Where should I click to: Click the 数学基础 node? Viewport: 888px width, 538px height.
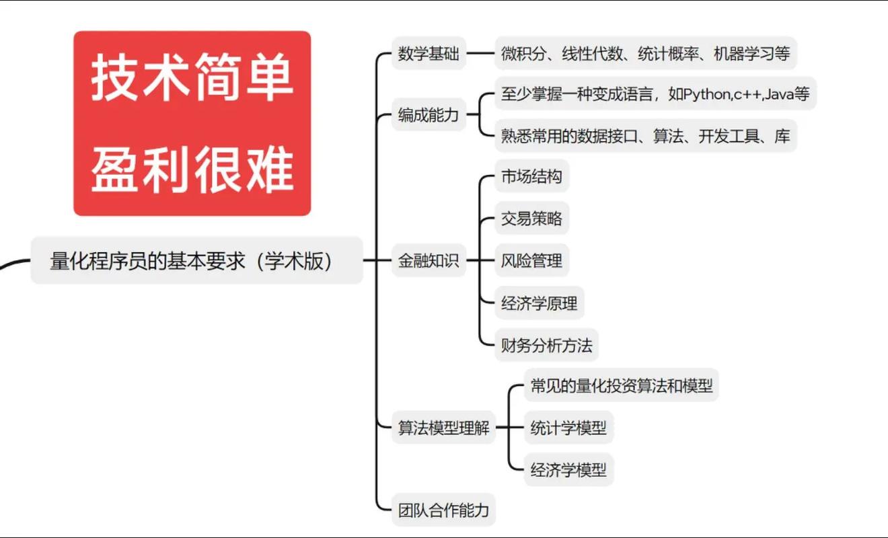click(x=429, y=54)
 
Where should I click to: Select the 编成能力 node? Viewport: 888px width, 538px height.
click(x=429, y=115)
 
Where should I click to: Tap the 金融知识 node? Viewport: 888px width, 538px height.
click(x=429, y=261)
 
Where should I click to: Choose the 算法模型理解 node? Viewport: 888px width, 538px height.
click(x=444, y=428)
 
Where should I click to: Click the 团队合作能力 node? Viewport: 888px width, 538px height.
click(x=444, y=510)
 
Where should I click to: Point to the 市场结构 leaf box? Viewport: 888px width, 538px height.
click(x=531, y=178)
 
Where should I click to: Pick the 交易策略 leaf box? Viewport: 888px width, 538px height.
click(x=531, y=219)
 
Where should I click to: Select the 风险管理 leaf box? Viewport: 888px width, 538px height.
click(x=531, y=261)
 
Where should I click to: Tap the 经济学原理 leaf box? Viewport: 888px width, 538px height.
click(x=539, y=303)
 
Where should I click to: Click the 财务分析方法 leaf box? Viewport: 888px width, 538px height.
click(x=546, y=346)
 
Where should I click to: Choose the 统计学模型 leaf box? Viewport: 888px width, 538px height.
click(x=568, y=428)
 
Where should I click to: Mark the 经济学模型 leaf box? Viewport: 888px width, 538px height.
click(x=568, y=469)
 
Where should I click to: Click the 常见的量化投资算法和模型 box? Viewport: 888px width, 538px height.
click(x=621, y=386)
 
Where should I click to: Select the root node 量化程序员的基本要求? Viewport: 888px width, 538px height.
click(x=192, y=261)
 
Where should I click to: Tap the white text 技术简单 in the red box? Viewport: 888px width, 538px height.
click(x=192, y=79)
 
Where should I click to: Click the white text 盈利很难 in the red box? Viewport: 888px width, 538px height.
click(x=192, y=168)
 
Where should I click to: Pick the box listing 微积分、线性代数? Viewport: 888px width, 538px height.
click(x=645, y=54)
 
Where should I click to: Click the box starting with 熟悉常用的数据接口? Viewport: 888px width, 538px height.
click(x=645, y=136)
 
